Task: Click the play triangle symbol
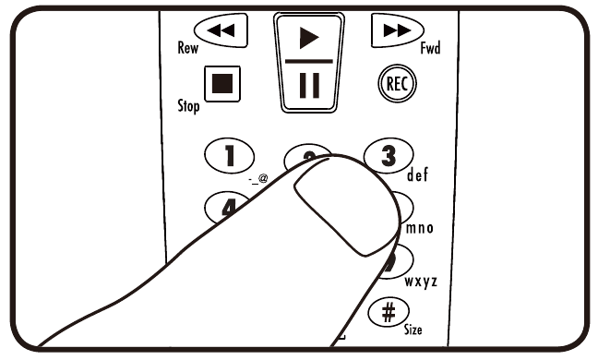309,38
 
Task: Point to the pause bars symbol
309,84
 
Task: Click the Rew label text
189,48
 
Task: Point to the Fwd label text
430,48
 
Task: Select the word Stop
188,106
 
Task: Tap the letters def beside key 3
417,174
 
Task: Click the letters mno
417,228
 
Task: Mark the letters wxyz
420,280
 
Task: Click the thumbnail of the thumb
336,209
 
